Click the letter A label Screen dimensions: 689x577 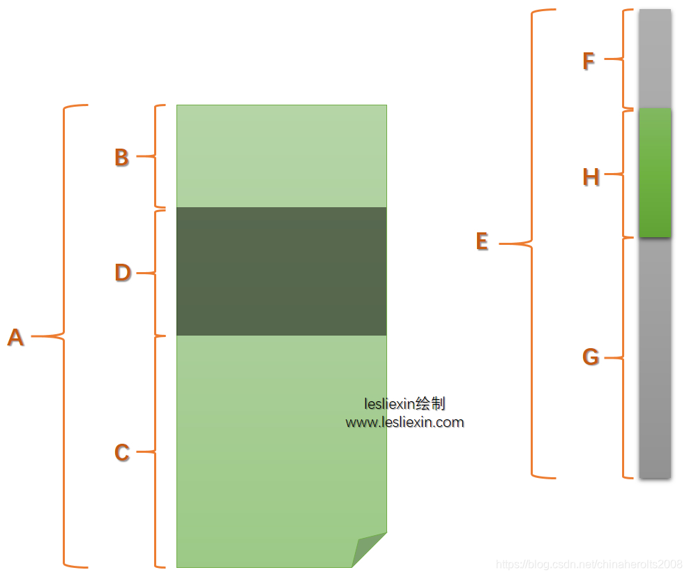tap(15, 338)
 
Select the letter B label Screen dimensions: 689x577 tap(121, 158)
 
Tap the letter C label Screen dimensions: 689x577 tap(121, 453)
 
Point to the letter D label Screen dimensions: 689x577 tap(122, 273)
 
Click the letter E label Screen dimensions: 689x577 tap(481, 241)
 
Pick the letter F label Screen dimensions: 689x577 tap(589, 61)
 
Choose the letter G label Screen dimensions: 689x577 tap(590, 358)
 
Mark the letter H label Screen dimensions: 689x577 tap(591, 178)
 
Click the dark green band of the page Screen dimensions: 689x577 tap(281, 271)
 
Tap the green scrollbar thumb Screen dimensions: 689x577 tap(655, 173)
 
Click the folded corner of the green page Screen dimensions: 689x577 tap(367, 549)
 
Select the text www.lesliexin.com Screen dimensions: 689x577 tap(404, 422)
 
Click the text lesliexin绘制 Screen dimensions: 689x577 tap(404, 403)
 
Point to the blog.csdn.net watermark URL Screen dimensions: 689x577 tap(589, 564)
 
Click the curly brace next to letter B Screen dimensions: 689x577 tap(157, 156)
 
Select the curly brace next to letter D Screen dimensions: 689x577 tap(157, 273)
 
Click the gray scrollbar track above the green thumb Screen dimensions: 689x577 tap(655, 59)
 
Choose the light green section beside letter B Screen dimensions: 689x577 tap(281, 156)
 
